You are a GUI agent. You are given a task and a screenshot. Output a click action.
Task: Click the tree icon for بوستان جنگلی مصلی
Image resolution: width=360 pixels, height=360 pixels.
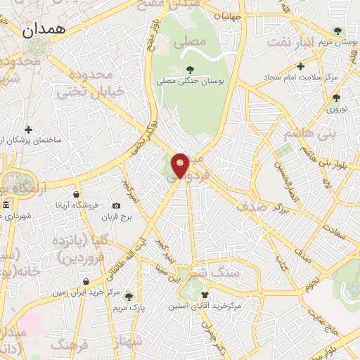pyautogui.click(x=190, y=69)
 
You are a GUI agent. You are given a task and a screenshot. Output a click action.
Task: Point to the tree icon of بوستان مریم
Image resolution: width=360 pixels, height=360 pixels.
pyautogui.click(x=337, y=30)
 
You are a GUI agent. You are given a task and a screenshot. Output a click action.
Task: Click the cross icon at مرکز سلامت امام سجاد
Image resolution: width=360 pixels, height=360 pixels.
pyautogui.click(x=300, y=66)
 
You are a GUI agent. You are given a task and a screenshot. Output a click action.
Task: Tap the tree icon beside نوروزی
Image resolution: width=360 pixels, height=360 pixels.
pyautogui.click(x=336, y=98)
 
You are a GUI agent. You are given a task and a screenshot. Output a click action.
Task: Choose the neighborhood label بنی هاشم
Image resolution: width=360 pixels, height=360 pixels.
pyautogui.click(x=310, y=132)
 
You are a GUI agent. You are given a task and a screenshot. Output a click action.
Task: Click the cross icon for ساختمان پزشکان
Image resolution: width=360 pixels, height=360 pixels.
pyautogui.click(x=28, y=129)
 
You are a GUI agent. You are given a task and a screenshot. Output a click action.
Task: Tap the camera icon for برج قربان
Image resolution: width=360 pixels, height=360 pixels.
pyautogui.click(x=116, y=205)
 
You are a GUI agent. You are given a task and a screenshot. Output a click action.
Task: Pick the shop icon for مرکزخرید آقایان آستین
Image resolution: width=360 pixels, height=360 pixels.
pyautogui.click(x=204, y=295)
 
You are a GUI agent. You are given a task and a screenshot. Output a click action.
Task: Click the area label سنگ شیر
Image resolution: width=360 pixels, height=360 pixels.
pyautogui.click(x=214, y=271)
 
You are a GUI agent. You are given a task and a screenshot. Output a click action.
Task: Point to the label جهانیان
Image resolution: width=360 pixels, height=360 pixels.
pyautogui.click(x=228, y=16)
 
